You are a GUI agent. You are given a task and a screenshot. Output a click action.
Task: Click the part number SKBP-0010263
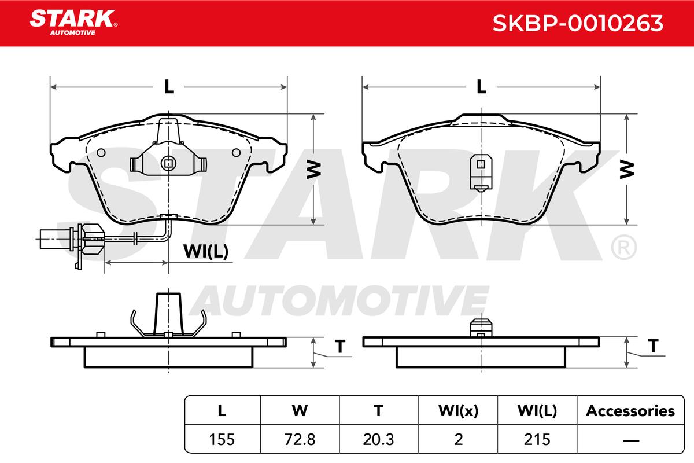[x=578, y=24]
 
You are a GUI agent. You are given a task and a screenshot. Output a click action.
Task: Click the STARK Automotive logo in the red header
[x=73, y=23]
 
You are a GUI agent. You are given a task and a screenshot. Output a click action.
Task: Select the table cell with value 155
[x=222, y=439]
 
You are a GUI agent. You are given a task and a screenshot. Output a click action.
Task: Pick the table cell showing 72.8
[x=300, y=439]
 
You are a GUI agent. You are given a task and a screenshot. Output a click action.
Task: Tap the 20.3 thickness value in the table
[x=379, y=439]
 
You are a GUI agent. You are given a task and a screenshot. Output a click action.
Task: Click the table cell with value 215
[x=537, y=439]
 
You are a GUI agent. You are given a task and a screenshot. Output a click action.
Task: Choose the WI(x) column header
[x=458, y=411]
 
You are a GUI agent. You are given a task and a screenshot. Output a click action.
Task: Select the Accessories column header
[x=630, y=411]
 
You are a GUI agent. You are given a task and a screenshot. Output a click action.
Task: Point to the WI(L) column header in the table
[x=537, y=411]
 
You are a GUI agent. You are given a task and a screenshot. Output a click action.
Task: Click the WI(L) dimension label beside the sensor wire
[x=206, y=251]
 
